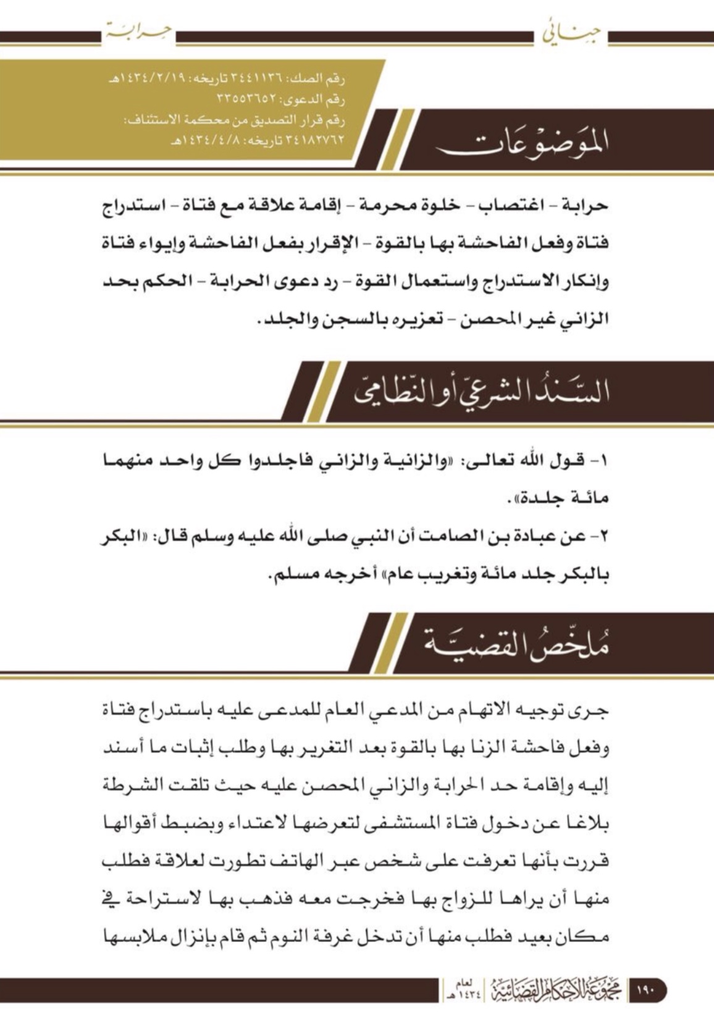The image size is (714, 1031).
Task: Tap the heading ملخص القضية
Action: point(516,645)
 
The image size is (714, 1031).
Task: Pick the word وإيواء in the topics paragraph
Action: point(166,243)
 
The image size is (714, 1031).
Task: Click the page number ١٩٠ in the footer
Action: point(650,990)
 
